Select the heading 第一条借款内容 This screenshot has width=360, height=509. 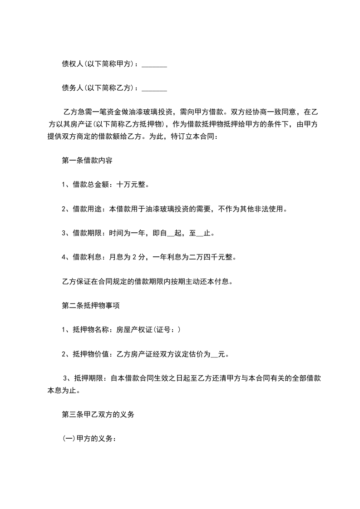pyautogui.click(x=87, y=160)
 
